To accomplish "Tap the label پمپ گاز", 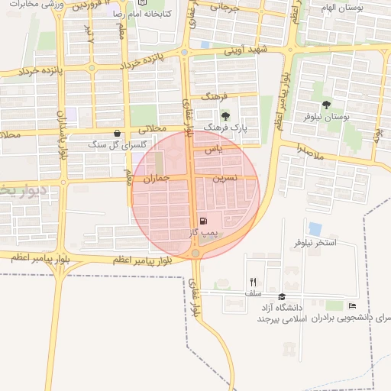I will pos(205,231).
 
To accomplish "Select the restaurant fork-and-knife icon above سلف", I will pos(253,282).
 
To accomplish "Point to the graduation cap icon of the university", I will pos(282,297).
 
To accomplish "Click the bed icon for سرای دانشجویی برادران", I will pos(352,306).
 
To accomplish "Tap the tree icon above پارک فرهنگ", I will pos(224,115).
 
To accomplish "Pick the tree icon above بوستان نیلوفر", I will pos(326,105).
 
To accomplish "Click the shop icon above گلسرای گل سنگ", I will pos(116,133).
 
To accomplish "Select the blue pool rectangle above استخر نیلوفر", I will pos(315,228).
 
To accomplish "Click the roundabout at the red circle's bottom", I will pos(196,253).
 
